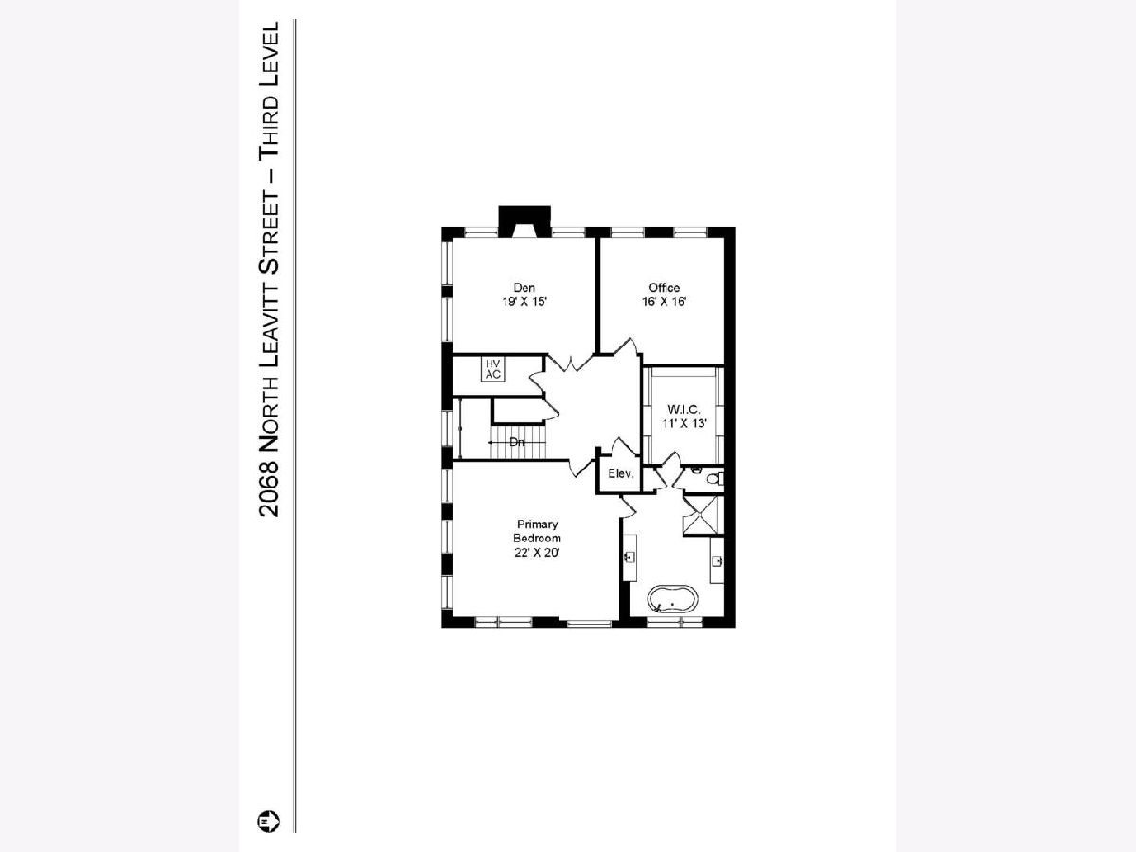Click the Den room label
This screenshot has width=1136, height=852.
(524, 288)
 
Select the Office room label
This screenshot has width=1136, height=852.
(664, 288)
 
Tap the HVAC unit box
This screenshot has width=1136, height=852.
(492, 369)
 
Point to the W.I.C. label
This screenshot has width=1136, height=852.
(684, 410)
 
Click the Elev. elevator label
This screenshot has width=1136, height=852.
(620, 473)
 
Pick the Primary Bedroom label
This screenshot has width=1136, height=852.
(537, 531)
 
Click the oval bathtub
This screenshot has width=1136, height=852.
(672, 599)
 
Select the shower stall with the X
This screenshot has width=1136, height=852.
(702, 516)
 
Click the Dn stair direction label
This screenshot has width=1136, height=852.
(517, 442)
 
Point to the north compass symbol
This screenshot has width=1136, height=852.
(269, 821)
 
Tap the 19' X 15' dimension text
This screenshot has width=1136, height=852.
(524, 302)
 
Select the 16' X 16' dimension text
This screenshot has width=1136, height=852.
(664, 302)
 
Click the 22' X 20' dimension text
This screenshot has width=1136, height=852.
(537, 553)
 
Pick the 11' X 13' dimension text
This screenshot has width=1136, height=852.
(684, 423)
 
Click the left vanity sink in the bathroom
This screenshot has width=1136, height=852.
(630, 558)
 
